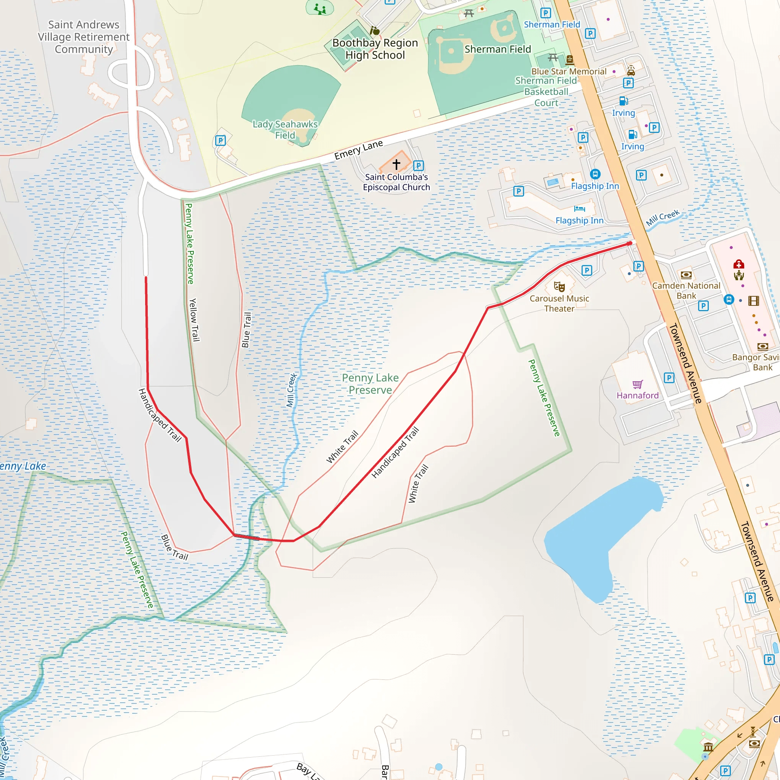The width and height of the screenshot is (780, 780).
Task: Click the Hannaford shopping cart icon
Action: pyautogui.click(x=638, y=384)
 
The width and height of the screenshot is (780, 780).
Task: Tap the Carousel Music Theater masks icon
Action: pyautogui.click(x=559, y=287)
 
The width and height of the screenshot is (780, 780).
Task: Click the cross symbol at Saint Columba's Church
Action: pyautogui.click(x=396, y=164)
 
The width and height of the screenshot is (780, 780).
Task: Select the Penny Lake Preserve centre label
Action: pyautogui.click(x=370, y=384)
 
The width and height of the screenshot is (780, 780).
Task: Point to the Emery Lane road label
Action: pyautogui.click(x=358, y=150)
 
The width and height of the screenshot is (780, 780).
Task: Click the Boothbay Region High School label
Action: pyautogui.click(x=375, y=49)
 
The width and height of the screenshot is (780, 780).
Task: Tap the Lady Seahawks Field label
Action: pyautogui.click(x=285, y=129)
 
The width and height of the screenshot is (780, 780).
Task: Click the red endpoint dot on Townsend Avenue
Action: pyautogui.click(x=630, y=243)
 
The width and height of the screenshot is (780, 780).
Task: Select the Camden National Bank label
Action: pyautogui.click(x=686, y=291)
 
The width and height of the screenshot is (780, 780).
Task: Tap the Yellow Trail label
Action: pyautogui.click(x=194, y=320)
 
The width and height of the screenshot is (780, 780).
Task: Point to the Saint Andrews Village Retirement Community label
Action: pyautogui.click(x=83, y=37)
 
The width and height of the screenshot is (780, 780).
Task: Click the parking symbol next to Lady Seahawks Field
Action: pyautogui.click(x=221, y=141)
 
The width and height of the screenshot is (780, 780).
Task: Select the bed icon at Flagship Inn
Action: pyautogui.click(x=579, y=209)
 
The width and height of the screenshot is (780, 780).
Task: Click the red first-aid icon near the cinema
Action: pyautogui.click(x=739, y=264)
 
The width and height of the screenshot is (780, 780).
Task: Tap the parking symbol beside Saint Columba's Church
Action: pyautogui.click(x=419, y=166)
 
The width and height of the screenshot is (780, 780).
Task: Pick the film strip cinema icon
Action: pyautogui.click(x=754, y=301)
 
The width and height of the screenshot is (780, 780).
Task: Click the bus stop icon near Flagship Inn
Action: pyautogui.click(x=595, y=174)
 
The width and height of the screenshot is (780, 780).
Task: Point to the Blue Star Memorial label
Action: pyautogui.click(x=569, y=72)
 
